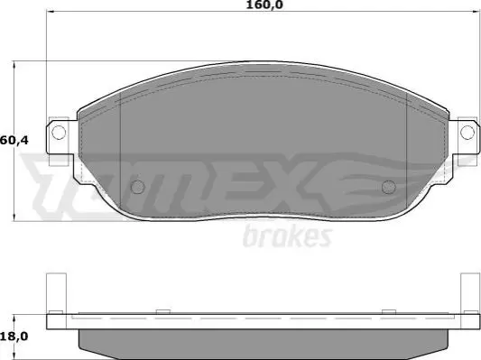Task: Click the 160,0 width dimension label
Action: pyautogui.click(x=264, y=5)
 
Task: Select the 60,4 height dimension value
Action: pyautogui.click(x=14, y=141)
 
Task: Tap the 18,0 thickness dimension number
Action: pyautogui.click(x=14, y=337)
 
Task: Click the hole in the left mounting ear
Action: pyautogui.click(x=59, y=133)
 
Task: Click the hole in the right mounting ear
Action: pyautogui.click(x=467, y=133)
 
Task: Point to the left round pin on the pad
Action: pyautogui.click(x=138, y=187)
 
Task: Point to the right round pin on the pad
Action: pyautogui.click(x=389, y=187)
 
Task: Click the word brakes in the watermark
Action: pyautogui.click(x=288, y=236)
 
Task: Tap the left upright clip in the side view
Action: pyautogui.click(x=56, y=293)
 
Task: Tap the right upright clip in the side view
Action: pyautogui.click(x=470, y=293)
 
